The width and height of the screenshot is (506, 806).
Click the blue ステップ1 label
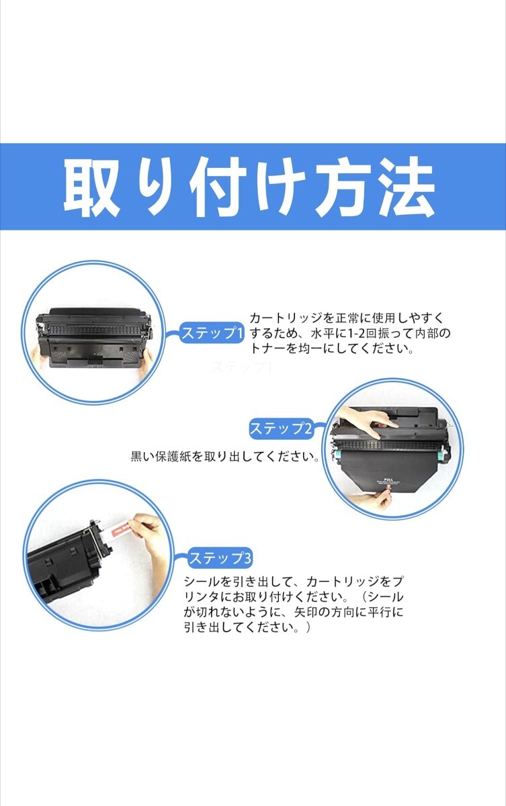211,333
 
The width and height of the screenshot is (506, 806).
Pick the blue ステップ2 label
281,429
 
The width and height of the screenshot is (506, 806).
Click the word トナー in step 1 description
267,350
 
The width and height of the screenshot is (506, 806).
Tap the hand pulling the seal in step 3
149,531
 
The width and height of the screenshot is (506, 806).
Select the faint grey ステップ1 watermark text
241,367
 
